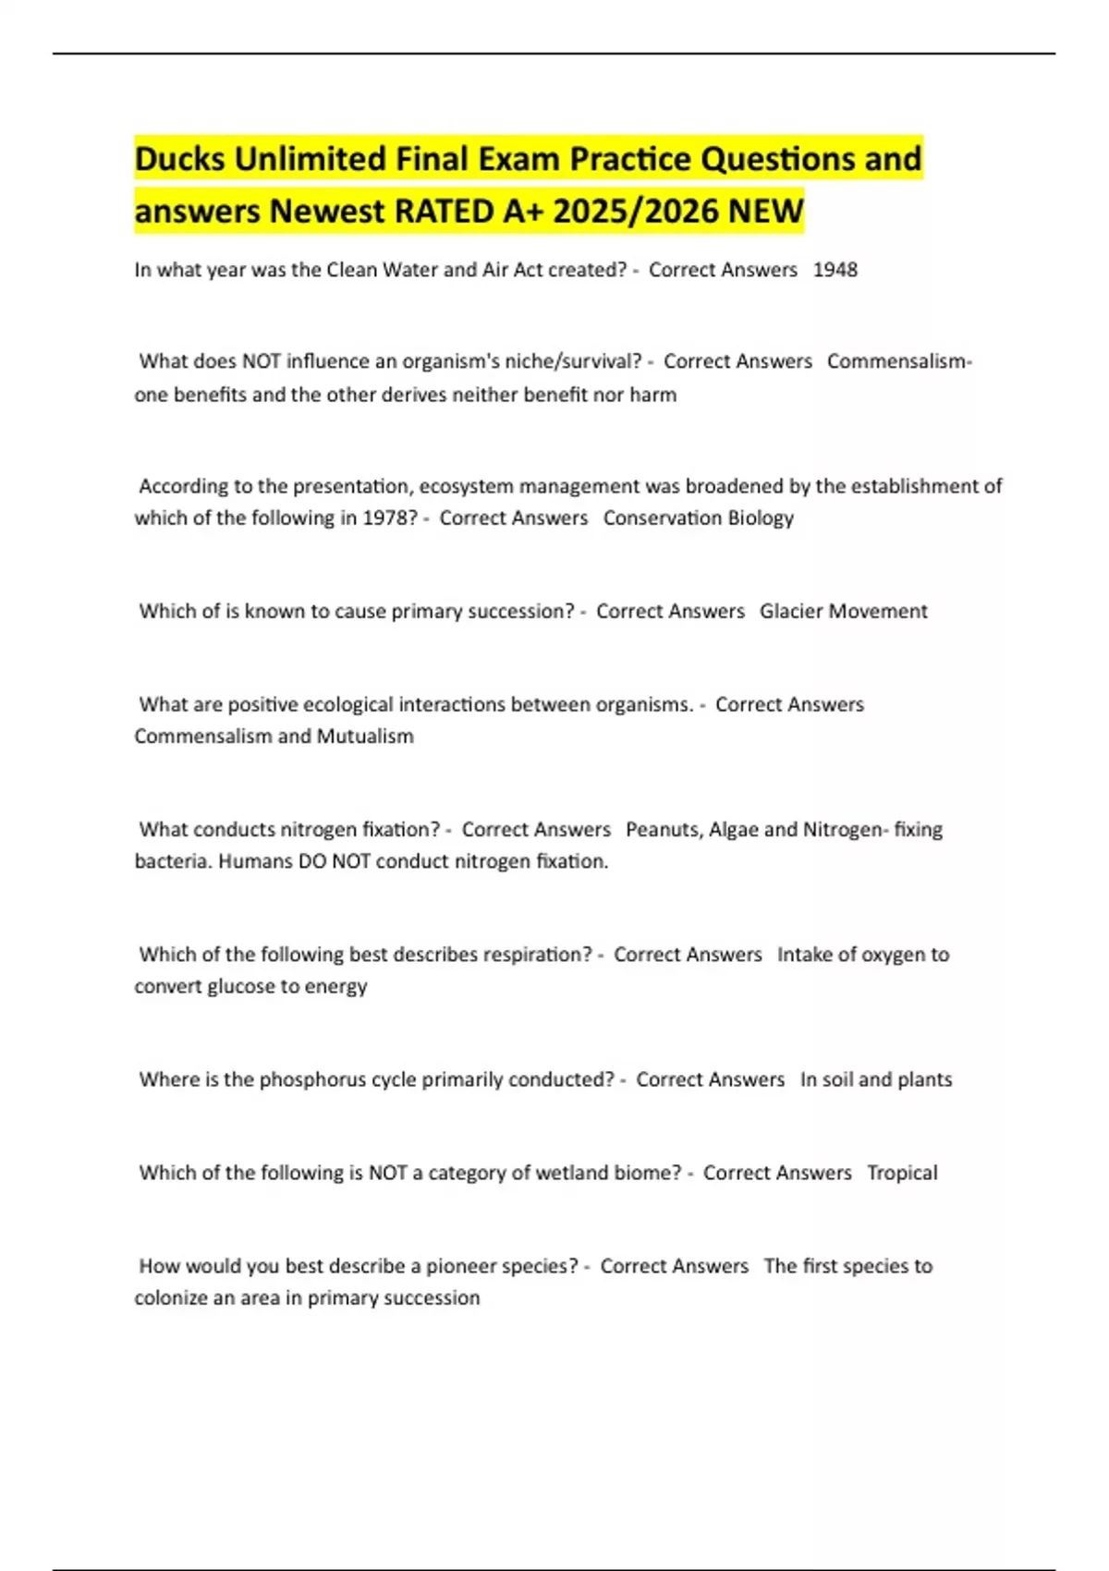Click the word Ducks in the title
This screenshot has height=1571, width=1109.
point(180,159)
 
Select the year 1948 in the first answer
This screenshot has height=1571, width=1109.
point(835,270)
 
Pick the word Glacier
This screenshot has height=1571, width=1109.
point(794,612)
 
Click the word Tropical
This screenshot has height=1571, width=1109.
point(902,1173)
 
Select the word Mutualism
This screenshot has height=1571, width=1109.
point(365,737)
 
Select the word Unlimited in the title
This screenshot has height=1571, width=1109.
point(311,159)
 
